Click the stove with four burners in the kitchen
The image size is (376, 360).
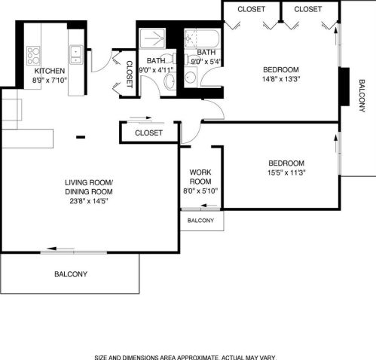click(x=34, y=55)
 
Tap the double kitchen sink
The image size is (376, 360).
click(x=75, y=53)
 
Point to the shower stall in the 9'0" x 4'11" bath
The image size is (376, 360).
click(x=154, y=38)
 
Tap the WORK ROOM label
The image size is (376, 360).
click(x=200, y=176)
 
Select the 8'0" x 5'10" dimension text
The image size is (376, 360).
click(x=200, y=191)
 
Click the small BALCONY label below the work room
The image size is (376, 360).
click(x=200, y=221)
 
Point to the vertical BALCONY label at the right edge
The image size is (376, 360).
click(x=362, y=94)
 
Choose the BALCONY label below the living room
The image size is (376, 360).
click(x=71, y=274)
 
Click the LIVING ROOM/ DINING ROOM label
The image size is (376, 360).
click(x=88, y=187)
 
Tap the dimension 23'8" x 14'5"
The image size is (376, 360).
click(x=88, y=201)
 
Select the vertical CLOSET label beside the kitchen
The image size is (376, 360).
click(x=129, y=74)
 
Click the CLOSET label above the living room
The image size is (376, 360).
click(x=149, y=133)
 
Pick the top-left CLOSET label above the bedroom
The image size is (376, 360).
click(x=251, y=9)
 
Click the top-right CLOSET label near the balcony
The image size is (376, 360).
click(x=307, y=9)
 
